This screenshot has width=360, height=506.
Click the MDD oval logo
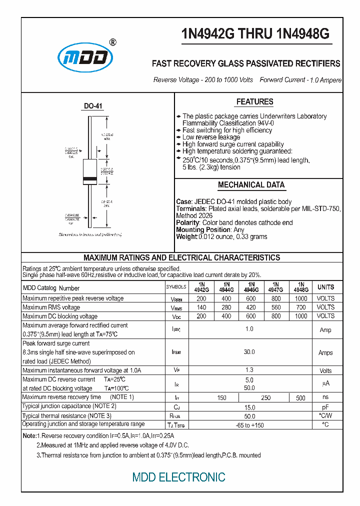click(x=84, y=56)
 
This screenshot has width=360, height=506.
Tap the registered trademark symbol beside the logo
click(x=112, y=42)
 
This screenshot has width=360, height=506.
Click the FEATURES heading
click(x=254, y=102)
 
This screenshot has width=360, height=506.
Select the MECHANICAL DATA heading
click(x=251, y=185)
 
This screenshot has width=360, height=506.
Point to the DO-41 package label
click(x=93, y=106)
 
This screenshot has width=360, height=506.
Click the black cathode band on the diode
click(x=90, y=179)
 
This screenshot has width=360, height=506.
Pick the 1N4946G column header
click(x=251, y=287)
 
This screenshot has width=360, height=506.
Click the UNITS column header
click(x=325, y=287)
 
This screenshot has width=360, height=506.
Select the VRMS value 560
click(x=275, y=307)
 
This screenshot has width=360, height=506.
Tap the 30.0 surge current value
click(x=249, y=352)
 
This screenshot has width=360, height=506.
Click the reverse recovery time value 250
click(x=266, y=398)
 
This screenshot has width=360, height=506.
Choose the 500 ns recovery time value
click(x=300, y=398)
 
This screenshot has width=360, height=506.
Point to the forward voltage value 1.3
click(x=249, y=370)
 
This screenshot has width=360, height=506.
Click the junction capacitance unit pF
click(x=325, y=407)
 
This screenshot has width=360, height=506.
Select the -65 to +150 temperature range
click(x=249, y=425)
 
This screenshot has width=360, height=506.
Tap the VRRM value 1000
click(x=300, y=298)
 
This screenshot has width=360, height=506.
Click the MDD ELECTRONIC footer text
click(x=178, y=477)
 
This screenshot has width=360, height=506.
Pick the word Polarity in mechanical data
click(x=187, y=222)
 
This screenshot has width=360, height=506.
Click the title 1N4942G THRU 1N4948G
click(x=255, y=34)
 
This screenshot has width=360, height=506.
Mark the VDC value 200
click(x=201, y=316)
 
